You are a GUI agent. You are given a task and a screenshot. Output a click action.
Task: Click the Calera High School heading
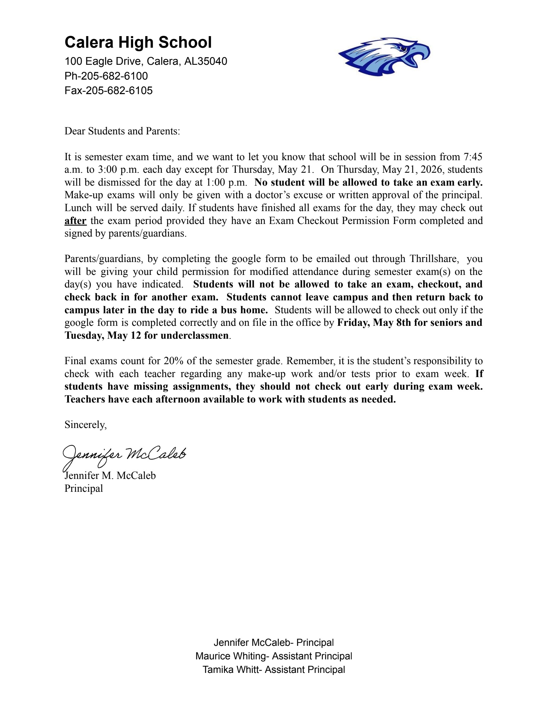click(138, 42)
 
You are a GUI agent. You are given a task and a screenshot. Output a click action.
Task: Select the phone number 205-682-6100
click(114, 76)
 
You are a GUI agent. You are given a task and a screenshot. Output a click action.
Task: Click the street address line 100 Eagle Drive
click(146, 61)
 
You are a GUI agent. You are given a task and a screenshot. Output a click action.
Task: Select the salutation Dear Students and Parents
click(122, 131)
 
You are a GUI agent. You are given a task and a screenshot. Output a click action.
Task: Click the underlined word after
click(75, 221)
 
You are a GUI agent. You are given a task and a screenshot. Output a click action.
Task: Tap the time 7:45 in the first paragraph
click(473, 157)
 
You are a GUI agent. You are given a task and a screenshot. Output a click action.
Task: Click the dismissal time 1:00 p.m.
click(227, 182)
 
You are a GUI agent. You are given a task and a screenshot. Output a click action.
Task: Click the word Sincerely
click(85, 425)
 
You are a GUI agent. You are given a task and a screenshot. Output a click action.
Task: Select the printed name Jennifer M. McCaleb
click(110, 476)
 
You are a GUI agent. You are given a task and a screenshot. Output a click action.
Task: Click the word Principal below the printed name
click(84, 488)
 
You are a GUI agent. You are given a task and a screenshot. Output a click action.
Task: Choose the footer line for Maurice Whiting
click(274, 656)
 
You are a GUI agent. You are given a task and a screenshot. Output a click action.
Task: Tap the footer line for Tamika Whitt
click(274, 670)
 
